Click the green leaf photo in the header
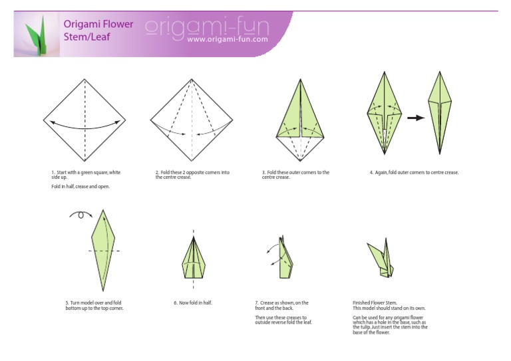pyautogui.click(x=37, y=34)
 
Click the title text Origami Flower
pyautogui.click(x=98, y=24)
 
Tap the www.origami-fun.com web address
pyautogui.click(x=228, y=39)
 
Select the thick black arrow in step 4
pyautogui.click(x=416, y=118)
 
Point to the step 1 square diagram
pyautogui.click(x=85, y=120)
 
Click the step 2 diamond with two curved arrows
pyautogui.click(x=192, y=120)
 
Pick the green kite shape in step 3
pyautogui.click(x=300, y=120)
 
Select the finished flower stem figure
pyautogui.click(x=381, y=258)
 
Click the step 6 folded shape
pyautogui.click(x=194, y=258)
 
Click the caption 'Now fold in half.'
pyautogui.click(x=192, y=302)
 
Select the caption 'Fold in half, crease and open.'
pyautogui.click(x=81, y=187)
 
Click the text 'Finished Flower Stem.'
pyautogui.click(x=375, y=302)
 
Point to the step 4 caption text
pyautogui.click(x=415, y=173)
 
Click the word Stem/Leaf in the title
pyautogui.click(x=87, y=37)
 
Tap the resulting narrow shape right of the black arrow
pyautogui.click(x=440, y=112)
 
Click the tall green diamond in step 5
pyautogui.click(x=103, y=251)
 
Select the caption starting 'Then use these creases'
pyautogui.click(x=283, y=320)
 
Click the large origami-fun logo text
pyautogui.click(x=208, y=27)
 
